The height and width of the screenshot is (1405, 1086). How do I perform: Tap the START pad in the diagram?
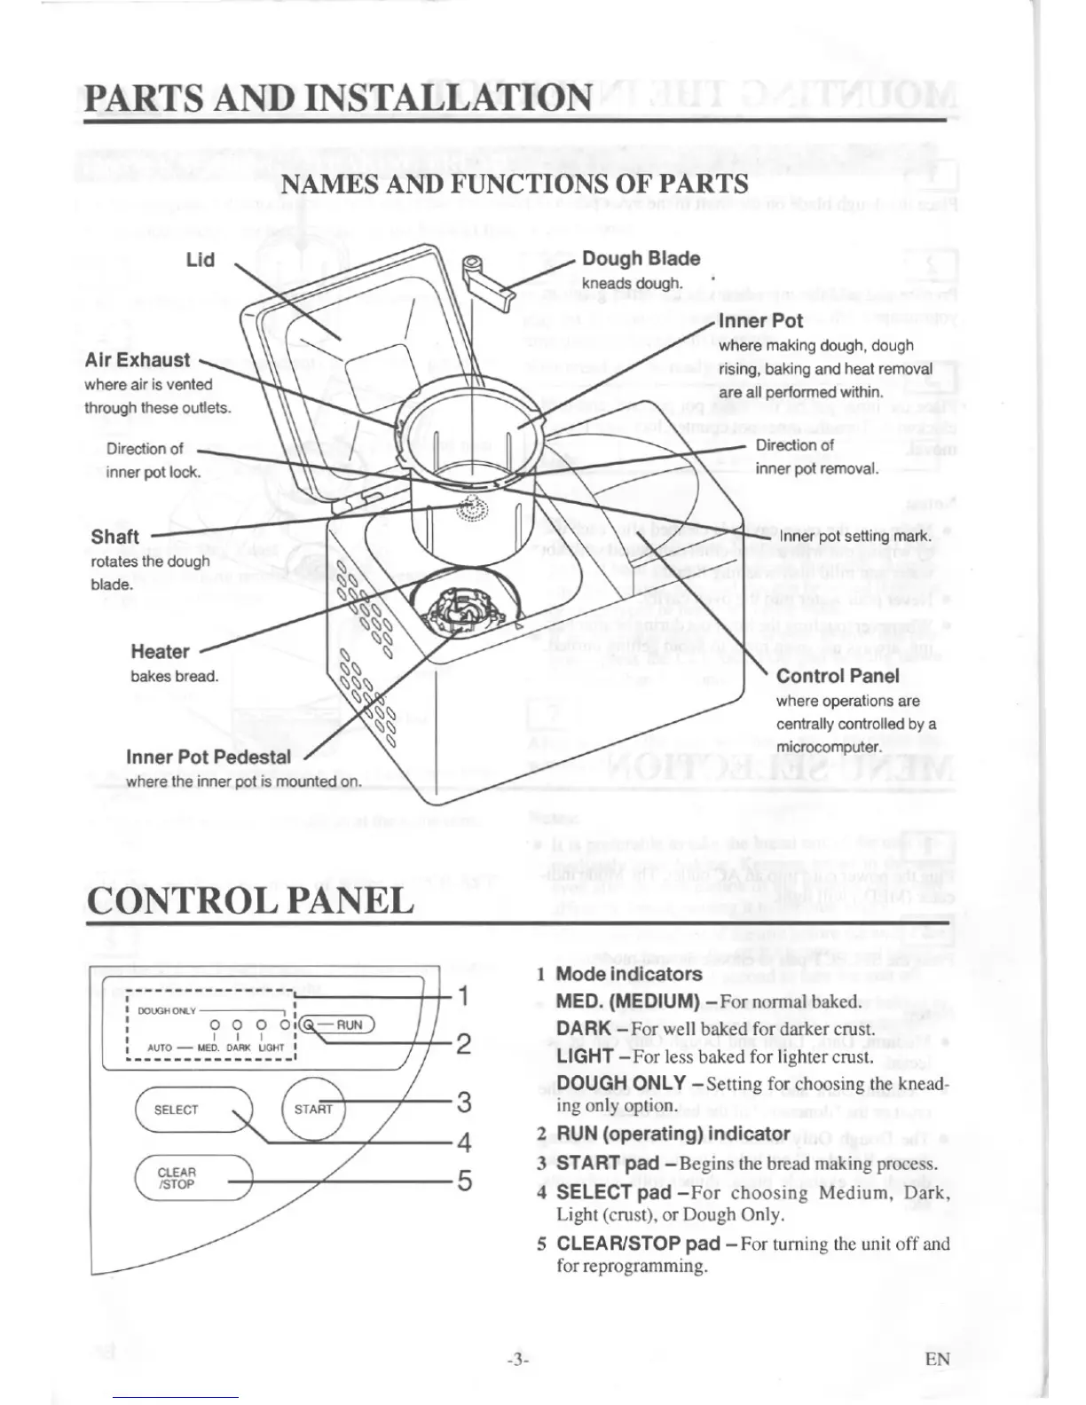click(314, 1109)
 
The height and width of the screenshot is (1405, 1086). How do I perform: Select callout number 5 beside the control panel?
click(463, 1181)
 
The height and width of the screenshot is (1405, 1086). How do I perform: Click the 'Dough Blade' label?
click(641, 259)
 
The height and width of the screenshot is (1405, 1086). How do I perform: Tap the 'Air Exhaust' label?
click(138, 360)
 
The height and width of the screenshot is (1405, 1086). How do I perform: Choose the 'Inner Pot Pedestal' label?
click(209, 757)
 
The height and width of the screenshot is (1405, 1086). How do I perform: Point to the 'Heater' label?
click(160, 652)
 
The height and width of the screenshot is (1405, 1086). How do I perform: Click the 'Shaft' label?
click(115, 537)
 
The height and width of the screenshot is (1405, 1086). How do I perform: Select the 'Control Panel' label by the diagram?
click(838, 677)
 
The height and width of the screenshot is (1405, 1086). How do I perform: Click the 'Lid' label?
click(201, 260)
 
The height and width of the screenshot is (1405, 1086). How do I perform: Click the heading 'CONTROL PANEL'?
click(251, 901)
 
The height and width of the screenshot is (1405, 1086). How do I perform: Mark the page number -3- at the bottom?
click(518, 1359)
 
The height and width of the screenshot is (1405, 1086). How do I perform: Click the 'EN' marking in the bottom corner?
click(937, 1359)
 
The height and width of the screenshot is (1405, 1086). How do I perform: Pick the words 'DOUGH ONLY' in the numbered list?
click(621, 1083)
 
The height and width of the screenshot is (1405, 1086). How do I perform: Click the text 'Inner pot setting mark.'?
click(855, 536)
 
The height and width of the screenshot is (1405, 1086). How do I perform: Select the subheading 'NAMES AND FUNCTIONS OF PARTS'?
click(515, 184)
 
